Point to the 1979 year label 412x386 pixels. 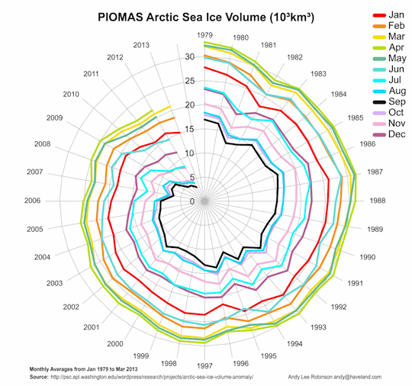204,35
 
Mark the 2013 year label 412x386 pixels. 140,45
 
